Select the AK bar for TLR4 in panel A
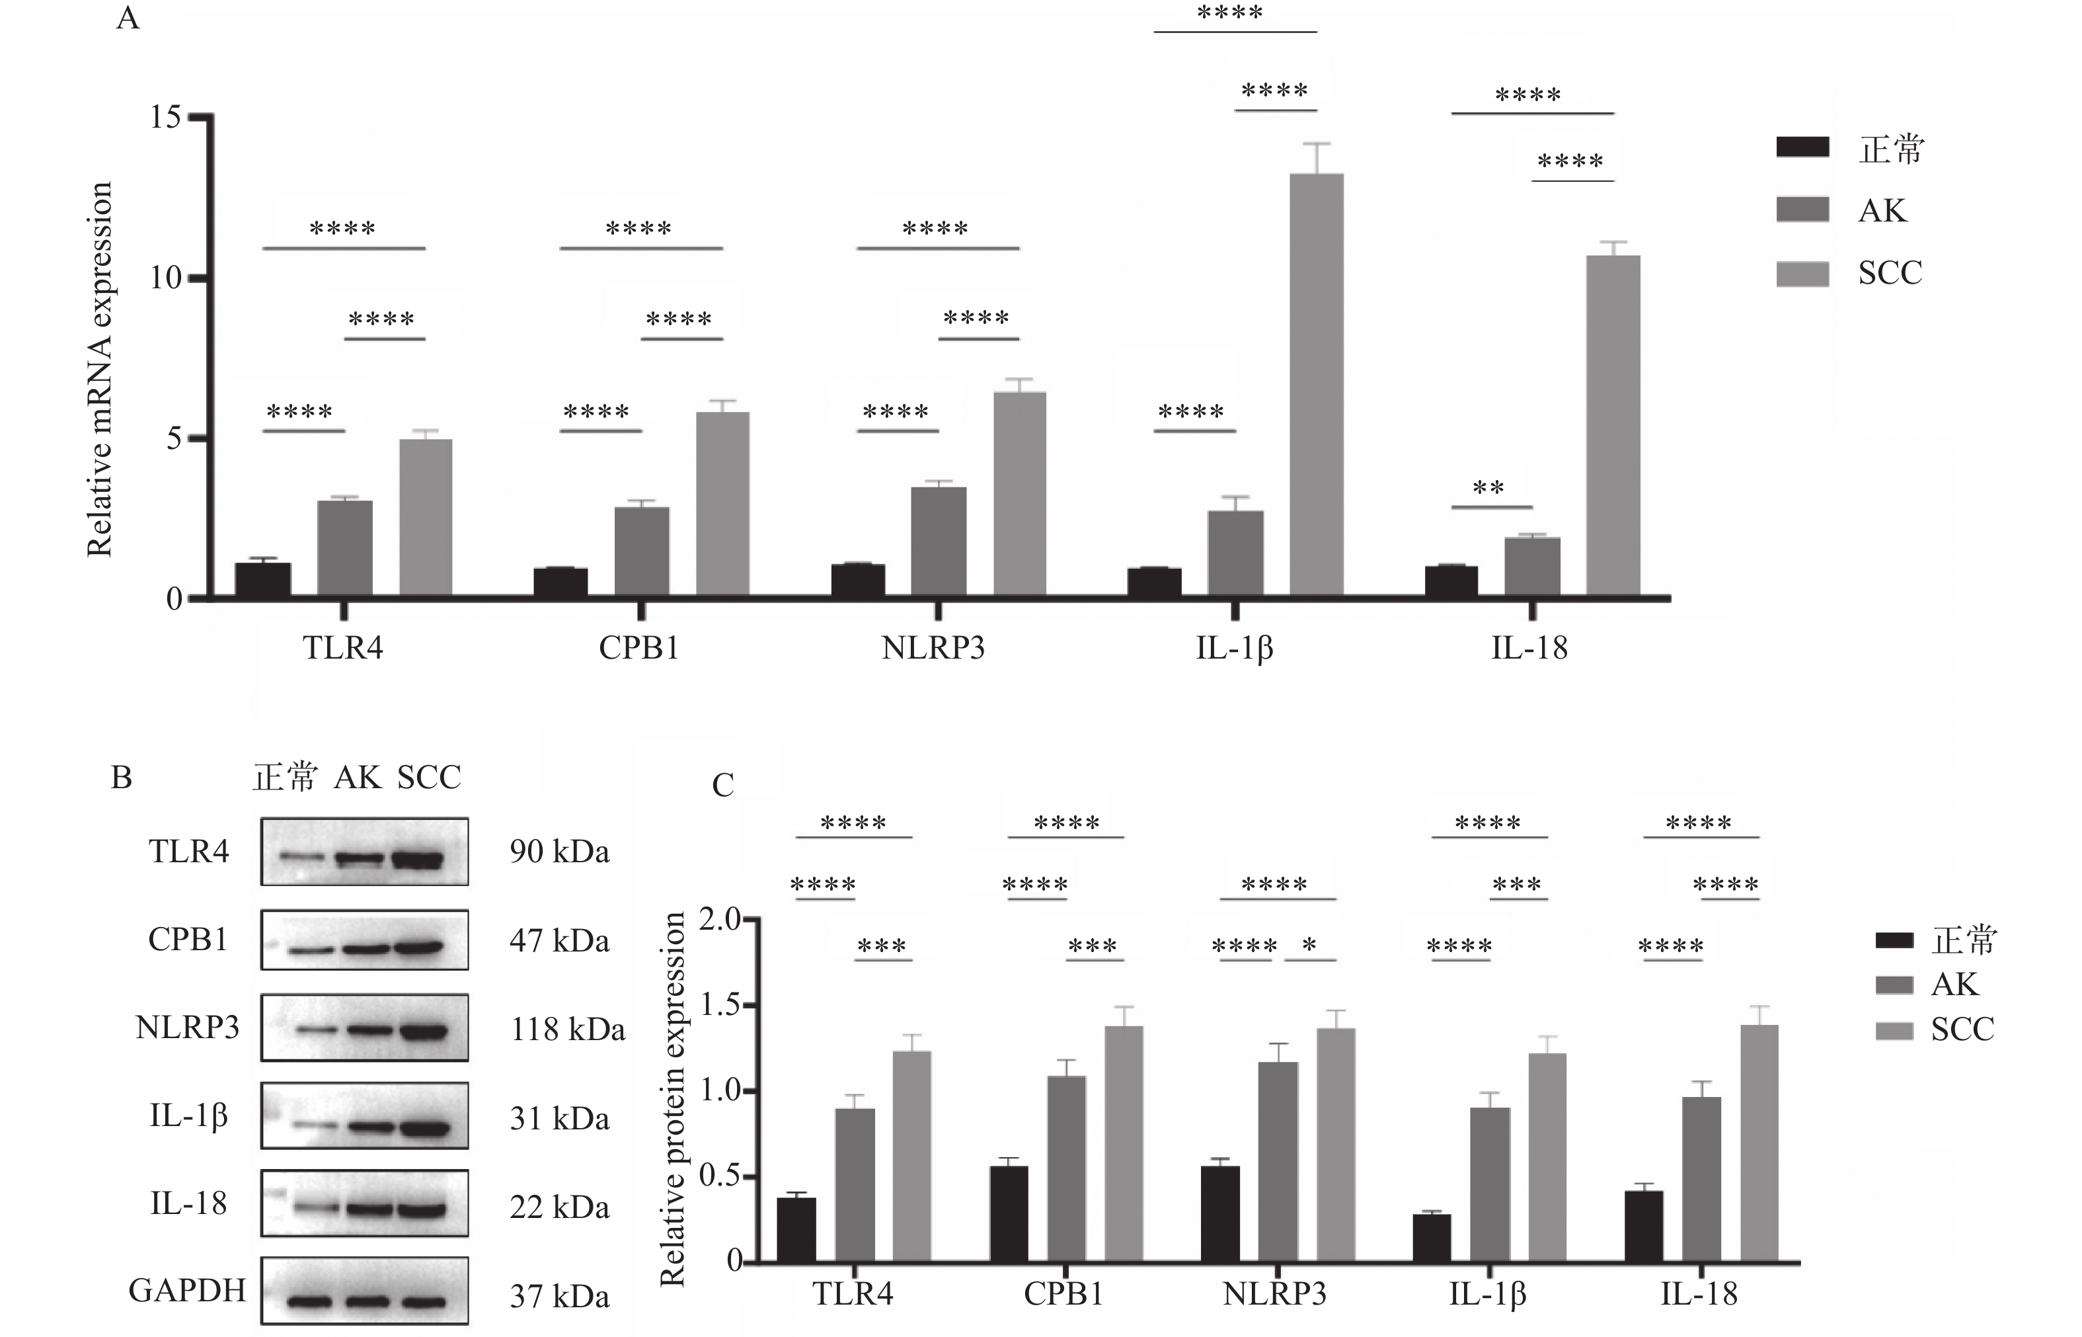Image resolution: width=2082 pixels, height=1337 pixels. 344,547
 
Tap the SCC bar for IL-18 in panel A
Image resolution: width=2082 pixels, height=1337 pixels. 1613,425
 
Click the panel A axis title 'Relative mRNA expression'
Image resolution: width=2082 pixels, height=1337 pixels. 100,369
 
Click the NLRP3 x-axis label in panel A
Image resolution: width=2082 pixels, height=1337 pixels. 933,647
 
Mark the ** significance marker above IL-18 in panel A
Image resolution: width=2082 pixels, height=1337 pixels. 1488,488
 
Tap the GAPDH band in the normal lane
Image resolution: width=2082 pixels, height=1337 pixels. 310,1301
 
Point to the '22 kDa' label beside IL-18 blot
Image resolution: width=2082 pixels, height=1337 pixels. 560,1207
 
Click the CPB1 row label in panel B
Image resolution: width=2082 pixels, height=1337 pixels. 188,940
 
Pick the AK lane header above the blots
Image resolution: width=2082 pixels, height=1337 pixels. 358,777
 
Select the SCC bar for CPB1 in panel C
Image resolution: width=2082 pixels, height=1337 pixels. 1124,1143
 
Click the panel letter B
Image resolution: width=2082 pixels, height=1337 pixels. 122,777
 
